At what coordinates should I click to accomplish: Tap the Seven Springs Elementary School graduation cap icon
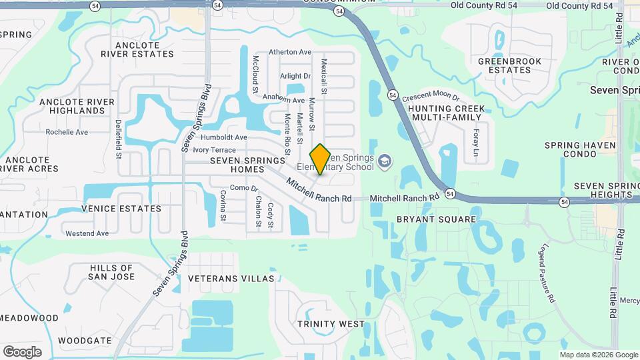385,161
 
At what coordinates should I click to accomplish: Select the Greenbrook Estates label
509,65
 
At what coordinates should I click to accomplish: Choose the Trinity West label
331,324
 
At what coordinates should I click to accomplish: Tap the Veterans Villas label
231,278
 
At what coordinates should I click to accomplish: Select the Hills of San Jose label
111,272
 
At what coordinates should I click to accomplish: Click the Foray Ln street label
477,141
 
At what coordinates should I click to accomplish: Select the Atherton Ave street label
290,52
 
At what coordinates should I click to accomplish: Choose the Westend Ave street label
87,233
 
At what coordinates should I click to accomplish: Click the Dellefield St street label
118,139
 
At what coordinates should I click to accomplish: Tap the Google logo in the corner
22,351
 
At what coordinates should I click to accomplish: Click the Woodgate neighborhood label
80,340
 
